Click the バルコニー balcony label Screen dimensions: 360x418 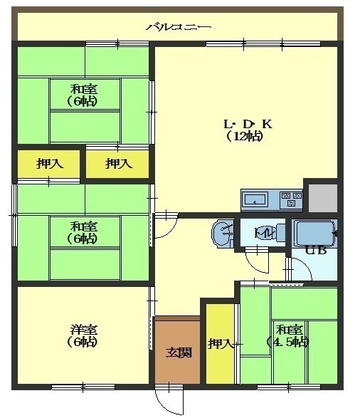[178, 27]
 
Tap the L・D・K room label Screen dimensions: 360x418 [248, 124]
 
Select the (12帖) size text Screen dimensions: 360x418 [245, 136]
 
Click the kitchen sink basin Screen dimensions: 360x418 [255, 199]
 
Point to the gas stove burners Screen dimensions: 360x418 [291, 199]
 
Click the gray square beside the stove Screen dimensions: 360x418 [323, 198]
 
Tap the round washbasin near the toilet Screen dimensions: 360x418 [223, 234]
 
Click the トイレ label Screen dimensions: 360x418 [264, 233]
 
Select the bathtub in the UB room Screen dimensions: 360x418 [314, 234]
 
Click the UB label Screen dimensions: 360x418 [316, 251]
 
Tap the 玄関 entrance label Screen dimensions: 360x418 [179, 352]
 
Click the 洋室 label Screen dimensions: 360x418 [84, 330]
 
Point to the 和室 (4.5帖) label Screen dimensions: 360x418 [288, 336]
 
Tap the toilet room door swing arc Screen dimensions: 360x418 [256, 264]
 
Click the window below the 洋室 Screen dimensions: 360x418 [83, 387]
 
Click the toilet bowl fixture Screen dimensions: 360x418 [280, 232]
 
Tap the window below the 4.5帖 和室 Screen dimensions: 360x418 [289, 387]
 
